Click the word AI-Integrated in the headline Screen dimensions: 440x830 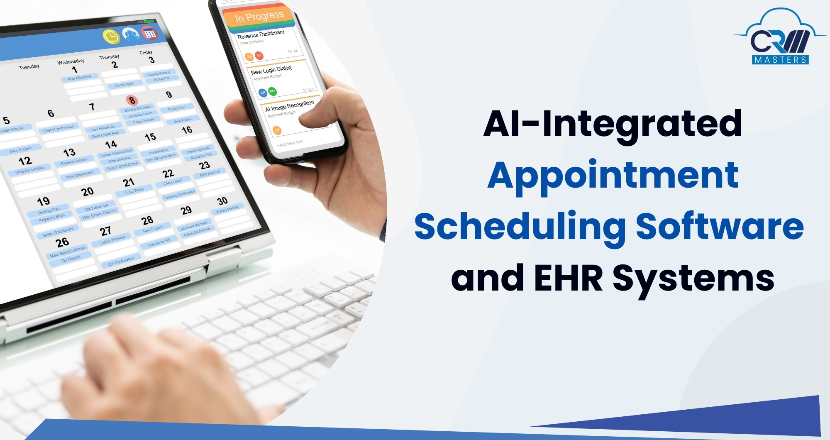[613, 123]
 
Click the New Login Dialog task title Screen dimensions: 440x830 [271, 70]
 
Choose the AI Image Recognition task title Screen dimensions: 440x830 [290, 106]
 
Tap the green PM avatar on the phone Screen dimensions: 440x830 [272, 91]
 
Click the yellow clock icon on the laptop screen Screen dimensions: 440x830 [111, 37]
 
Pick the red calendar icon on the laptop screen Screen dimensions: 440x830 [149, 33]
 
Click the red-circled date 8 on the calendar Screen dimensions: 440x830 [132, 100]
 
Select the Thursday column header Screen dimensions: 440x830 [109, 57]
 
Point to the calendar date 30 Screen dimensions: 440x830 [222, 201]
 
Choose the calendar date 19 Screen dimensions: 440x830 [43, 202]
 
